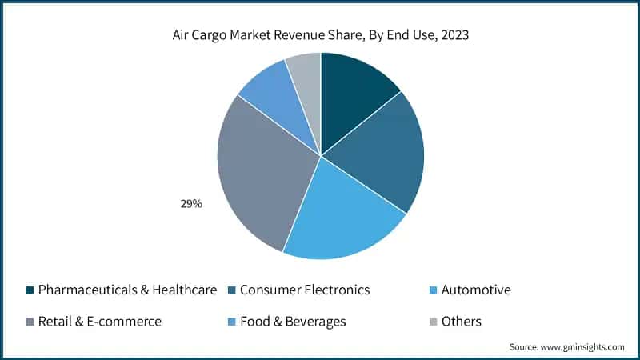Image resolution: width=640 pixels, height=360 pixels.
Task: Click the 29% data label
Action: click(x=190, y=204)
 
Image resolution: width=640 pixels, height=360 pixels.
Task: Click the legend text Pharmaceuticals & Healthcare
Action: click(x=127, y=290)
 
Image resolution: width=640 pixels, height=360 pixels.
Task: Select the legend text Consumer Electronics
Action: click(x=305, y=290)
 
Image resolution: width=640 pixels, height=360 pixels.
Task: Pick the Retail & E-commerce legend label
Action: click(x=100, y=322)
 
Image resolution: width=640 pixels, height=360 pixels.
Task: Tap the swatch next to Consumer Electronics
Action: click(x=231, y=290)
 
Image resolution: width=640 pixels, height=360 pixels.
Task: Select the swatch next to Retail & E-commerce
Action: click(x=30, y=322)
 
